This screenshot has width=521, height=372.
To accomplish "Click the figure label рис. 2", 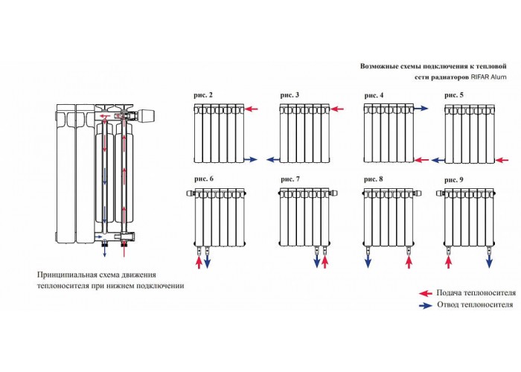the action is pyautogui.click(x=203, y=95).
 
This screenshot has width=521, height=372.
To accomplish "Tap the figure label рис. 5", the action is pyautogui.click(x=453, y=95).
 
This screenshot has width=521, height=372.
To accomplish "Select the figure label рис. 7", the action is pyautogui.click(x=290, y=179).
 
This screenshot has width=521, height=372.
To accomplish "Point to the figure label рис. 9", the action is pyautogui.click(x=453, y=180).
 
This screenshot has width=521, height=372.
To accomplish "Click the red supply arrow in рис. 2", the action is pyautogui.click(x=252, y=109).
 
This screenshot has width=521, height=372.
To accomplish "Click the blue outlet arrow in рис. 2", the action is pyautogui.click(x=251, y=160).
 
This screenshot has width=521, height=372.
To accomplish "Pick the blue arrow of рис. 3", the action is pyautogui.click(x=273, y=160).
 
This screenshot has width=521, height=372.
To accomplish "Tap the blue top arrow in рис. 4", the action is pyautogui.click(x=421, y=109).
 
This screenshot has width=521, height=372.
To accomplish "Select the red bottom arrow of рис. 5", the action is pyautogui.click(x=502, y=161).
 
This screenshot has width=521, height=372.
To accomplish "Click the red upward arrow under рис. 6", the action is pyautogui.click(x=199, y=262).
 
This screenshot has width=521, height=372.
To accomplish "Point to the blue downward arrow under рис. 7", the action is pyautogui.click(x=316, y=261).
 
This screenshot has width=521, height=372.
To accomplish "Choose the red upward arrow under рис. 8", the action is pyautogui.click(x=409, y=261).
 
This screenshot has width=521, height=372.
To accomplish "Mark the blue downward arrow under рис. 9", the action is pyautogui.click(x=490, y=261).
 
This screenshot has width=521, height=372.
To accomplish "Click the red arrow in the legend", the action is pyautogui.click(x=425, y=293).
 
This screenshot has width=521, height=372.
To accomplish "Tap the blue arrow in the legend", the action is pyautogui.click(x=426, y=306).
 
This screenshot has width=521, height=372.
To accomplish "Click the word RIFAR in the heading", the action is pyautogui.click(x=480, y=77).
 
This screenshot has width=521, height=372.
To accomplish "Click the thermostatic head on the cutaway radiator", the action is pyautogui.click(x=146, y=115).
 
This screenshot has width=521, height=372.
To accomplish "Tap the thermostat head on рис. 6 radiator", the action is pyautogui.click(x=190, y=193).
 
